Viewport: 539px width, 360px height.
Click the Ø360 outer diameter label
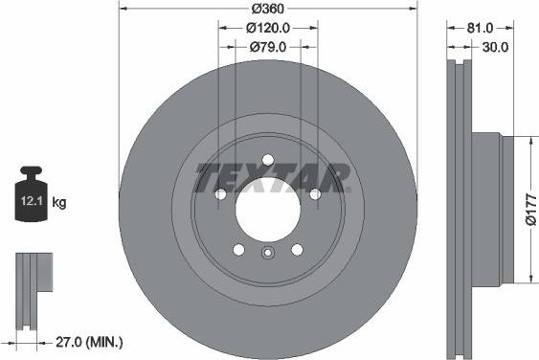tap(269, 9)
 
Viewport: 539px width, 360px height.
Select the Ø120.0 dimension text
tap(269, 28)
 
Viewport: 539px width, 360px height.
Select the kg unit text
tap(59, 202)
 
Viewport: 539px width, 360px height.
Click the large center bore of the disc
tap(268, 209)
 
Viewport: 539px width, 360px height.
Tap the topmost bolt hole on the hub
tap(268, 160)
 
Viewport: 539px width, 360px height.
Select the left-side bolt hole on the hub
tap(221, 194)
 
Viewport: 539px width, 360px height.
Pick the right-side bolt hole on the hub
tap(315, 194)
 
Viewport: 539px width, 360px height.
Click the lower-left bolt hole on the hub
tap(238, 250)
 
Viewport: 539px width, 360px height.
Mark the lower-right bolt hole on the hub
tap(297, 250)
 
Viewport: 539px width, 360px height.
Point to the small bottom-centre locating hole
tap(268, 253)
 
